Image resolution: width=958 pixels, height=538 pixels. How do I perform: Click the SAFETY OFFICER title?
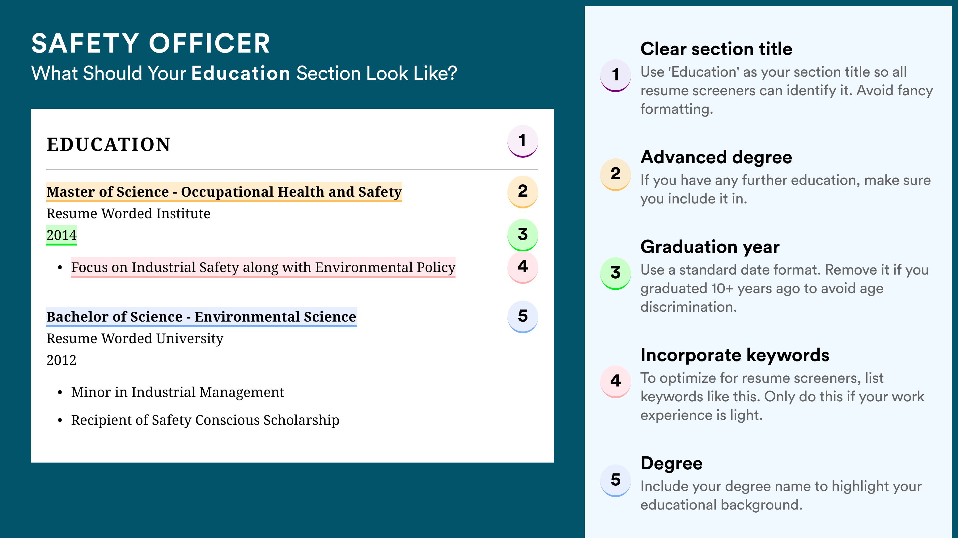[x=150, y=43]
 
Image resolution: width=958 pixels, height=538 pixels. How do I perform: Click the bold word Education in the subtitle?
[x=241, y=73]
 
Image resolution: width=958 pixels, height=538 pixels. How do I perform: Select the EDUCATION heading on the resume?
[x=108, y=144]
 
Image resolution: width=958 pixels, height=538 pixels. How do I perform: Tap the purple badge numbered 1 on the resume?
[x=523, y=141]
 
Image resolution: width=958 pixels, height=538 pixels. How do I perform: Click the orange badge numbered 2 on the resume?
[x=523, y=192]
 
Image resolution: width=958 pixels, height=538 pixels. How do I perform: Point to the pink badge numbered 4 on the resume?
[x=523, y=267]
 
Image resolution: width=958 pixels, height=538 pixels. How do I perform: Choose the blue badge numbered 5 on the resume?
[x=523, y=317]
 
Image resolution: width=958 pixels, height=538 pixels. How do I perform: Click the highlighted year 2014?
[x=61, y=235]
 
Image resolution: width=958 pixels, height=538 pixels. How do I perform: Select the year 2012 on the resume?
[x=61, y=360]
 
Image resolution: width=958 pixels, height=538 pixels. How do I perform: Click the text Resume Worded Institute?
[x=128, y=214]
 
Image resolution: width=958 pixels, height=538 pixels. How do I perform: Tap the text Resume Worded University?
[x=135, y=339]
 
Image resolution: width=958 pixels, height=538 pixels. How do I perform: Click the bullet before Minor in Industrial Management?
[x=60, y=393]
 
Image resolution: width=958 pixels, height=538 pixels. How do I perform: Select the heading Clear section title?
[x=716, y=49]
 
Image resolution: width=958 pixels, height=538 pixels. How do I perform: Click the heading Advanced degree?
[x=716, y=157]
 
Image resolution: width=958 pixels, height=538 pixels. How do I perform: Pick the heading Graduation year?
[x=710, y=247]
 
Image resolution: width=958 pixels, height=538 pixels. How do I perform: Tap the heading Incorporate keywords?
[x=735, y=355]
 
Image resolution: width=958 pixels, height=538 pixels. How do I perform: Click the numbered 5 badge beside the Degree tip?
[x=616, y=480]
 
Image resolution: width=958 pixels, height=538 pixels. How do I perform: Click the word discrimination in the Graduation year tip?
[x=689, y=307]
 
